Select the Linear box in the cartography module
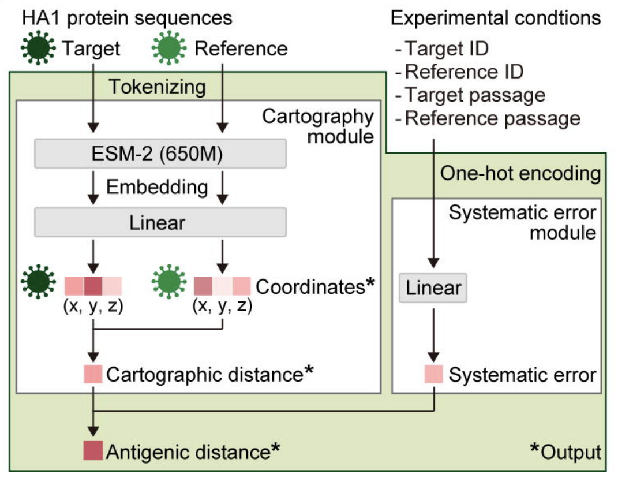pos(160,222)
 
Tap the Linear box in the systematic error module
pos(433,288)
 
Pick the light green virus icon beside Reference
pos(170,48)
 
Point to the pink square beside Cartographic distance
pos(93,374)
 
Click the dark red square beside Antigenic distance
pos(93,450)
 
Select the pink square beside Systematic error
pos(433,374)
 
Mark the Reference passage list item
pos(492,118)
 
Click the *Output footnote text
pos(565,451)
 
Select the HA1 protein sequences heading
pos(127,18)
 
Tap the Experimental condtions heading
pos(496,18)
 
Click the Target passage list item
pos(474,95)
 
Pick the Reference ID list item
pos(463,72)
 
